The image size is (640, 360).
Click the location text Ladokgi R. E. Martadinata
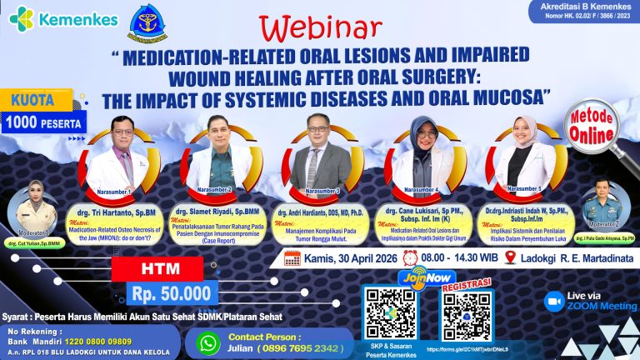(x=575, y=259)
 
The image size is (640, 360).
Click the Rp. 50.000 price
(x=170, y=293)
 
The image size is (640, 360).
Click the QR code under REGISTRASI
(x=465, y=317)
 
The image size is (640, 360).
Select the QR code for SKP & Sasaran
(x=389, y=313)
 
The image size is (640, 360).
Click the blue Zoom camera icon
(x=554, y=302)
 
